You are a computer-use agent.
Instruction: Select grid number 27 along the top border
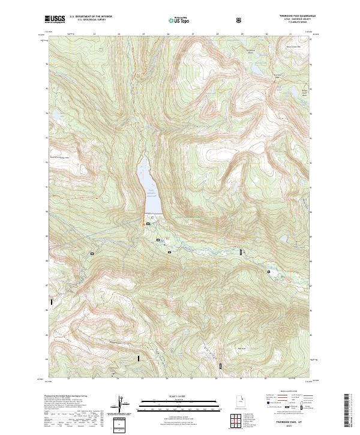(192, 34)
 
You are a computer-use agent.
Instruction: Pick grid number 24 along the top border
(118, 34)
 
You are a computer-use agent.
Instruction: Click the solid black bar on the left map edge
(52, 302)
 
